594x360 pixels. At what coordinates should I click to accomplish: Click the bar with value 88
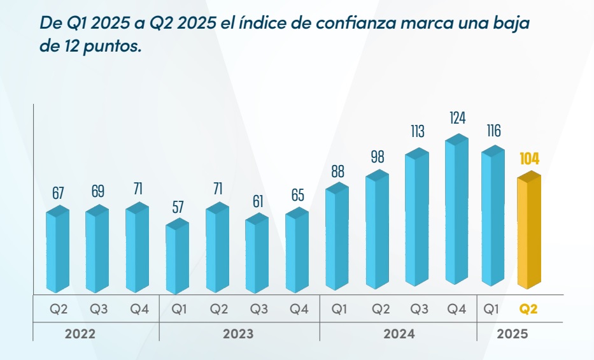(337, 239)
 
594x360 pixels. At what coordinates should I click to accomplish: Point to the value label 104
(529, 159)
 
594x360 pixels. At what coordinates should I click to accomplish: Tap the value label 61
(258, 202)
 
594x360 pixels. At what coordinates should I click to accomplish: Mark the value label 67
(57, 193)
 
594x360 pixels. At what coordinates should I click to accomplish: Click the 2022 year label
(80, 334)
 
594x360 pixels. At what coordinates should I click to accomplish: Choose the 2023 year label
(238, 334)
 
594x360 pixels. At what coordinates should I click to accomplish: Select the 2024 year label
(399, 334)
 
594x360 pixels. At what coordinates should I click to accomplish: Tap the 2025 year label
(513, 334)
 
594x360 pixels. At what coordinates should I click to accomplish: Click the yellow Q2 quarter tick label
(528, 310)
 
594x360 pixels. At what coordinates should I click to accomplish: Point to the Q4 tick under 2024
(456, 310)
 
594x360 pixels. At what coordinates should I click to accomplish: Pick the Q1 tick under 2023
(179, 310)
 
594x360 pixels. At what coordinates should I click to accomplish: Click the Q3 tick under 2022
(98, 310)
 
